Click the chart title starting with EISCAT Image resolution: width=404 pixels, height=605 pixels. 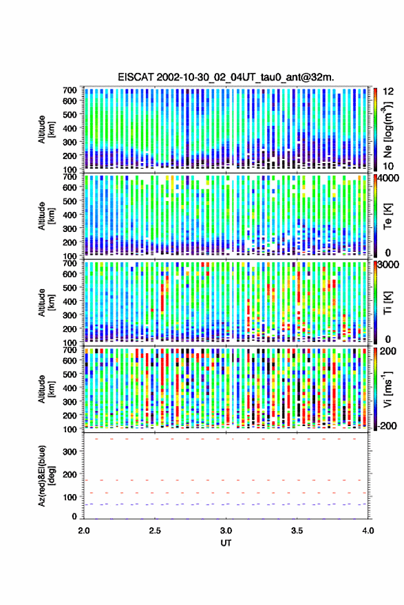pyautogui.click(x=226, y=77)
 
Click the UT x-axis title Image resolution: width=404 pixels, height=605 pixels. pyautogui.click(x=226, y=543)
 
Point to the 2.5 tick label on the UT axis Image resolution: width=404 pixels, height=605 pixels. pyautogui.click(x=155, y=531)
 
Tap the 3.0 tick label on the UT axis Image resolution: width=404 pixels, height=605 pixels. pyautogui.click(x=226, y=531)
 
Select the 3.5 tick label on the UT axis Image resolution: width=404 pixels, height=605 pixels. pyautogui.click(x=297, y=531)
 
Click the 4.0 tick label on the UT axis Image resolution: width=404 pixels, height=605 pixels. pyautogui.click(x=368, y=531)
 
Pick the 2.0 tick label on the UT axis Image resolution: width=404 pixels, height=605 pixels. pyautogui.click(x=84, y=531)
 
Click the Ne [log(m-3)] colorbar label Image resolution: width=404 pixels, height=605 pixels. pyautogui.click(x=387, y=129)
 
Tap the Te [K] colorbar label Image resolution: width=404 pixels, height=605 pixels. pyautogui.click(x=387, y=216)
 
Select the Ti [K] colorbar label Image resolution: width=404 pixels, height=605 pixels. pyautogui.click(x=387, y=303)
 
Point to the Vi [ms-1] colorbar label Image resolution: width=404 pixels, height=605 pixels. pyautogui.click(x=387, y=389)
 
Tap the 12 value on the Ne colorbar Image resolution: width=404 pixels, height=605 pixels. pyautogui.click(x=389, y=92)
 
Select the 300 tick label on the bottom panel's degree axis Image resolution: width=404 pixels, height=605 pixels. pyautogui.click(x=70, y=452)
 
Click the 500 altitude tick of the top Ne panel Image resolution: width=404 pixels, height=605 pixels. pyautogui.click(x=70, y=114)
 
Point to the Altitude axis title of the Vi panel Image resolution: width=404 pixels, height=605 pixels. pyautogui.click(x=45, y=389)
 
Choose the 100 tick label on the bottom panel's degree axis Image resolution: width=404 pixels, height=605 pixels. pyautogui.click(x=70, y=498)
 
